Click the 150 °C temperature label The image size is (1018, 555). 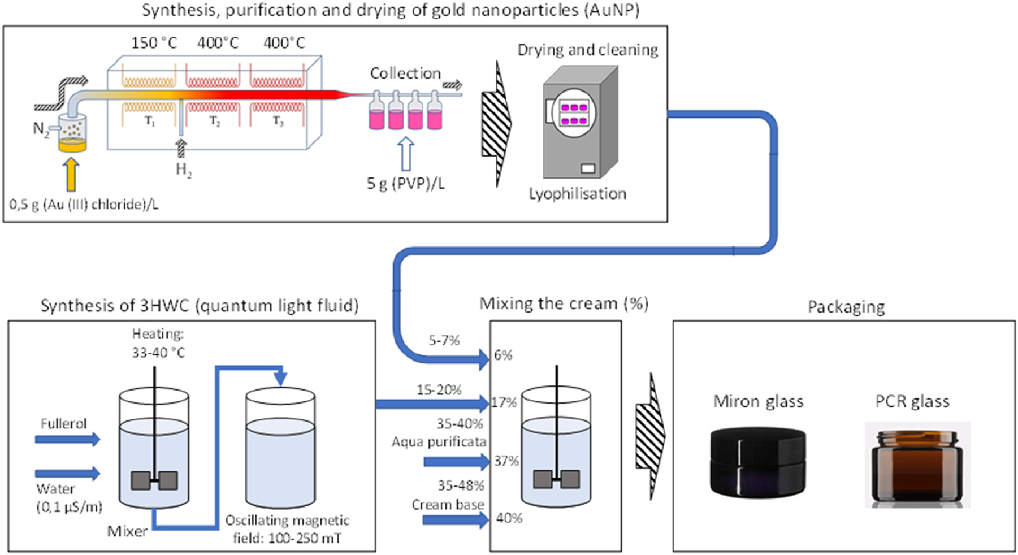coord(154,43)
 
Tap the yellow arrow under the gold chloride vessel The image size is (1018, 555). coord(71,175)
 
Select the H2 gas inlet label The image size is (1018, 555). coord(183,169)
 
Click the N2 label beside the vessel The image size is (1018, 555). coord(40,129)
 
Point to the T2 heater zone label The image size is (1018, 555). coord(215,121)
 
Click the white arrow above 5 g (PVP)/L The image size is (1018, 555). coord(405,154)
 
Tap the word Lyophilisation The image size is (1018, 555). coord(577,194)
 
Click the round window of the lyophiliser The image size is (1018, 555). coord(573,114)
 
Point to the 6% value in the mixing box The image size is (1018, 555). coord(502,355)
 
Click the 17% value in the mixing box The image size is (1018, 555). coord(504,403)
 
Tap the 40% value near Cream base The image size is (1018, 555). coord(509,518)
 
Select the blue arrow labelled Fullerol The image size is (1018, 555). coord(67,439)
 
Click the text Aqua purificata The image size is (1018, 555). coord(439,442)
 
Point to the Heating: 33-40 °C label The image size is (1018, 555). coord(158,343)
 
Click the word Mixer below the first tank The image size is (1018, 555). coord(127,531)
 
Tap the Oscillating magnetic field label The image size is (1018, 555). coord(287,528)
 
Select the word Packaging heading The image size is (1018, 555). coord(846,307)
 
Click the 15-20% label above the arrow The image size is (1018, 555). coord(439,390)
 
